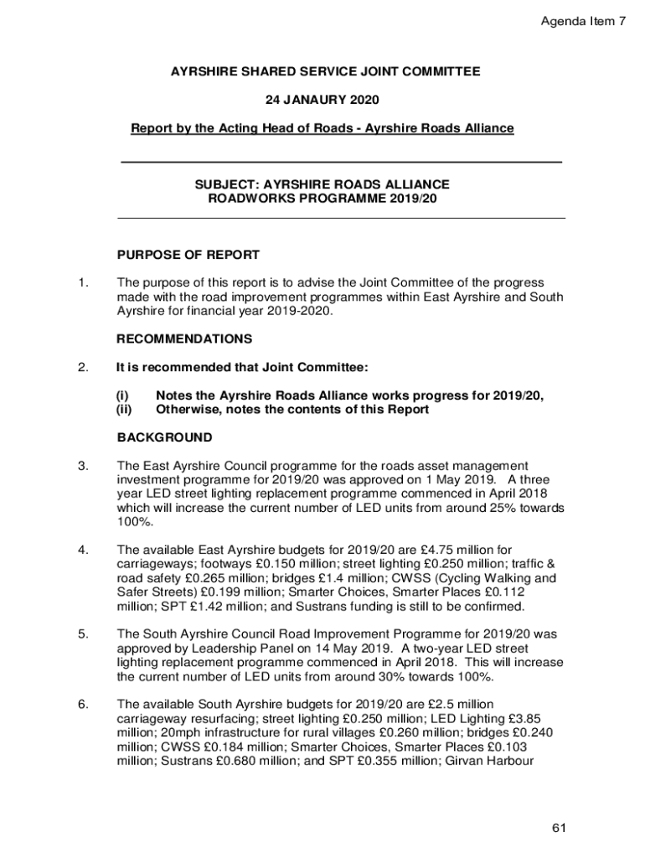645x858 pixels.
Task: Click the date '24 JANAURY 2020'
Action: click(x=322, y=101)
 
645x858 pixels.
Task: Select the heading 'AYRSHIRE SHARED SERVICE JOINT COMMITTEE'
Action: click(x=326, y=72)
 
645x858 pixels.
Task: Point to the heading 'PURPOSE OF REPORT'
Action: click(x=188, y=255)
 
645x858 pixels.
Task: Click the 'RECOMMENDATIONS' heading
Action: click(x=184, y=339)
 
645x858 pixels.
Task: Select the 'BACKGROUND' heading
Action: click(x=164, y=437)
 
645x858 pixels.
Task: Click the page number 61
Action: click(x=560, y=829)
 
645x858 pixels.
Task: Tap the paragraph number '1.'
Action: click(x=83, y=283)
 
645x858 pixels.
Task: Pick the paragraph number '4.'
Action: click(x=83, y=550)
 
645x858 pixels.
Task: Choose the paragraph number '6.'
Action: click(x=83, y=704)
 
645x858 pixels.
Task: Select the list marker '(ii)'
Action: click(x=124, y=410)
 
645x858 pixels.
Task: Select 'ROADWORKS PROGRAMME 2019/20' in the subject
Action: click(x=322, y=199)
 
